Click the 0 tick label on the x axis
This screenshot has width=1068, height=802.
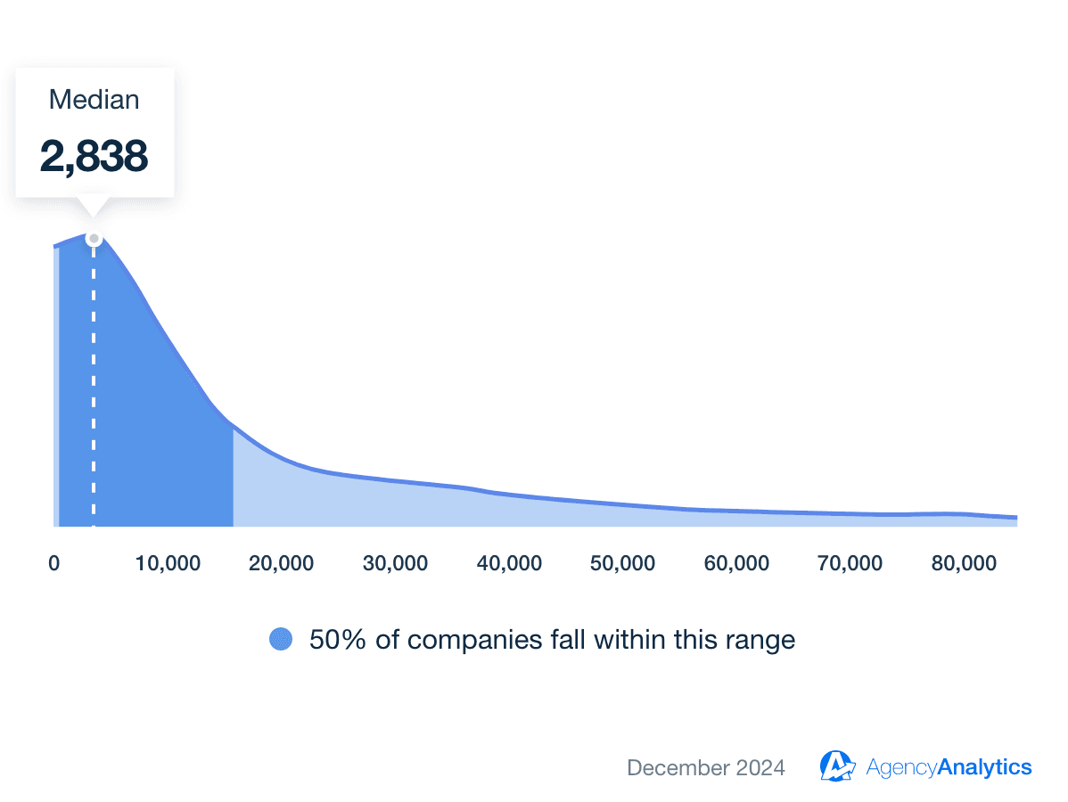(54, 563)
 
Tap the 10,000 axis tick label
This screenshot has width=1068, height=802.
(168, 563)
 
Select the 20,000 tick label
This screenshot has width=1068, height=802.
(282, 563)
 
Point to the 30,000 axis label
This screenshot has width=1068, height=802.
(396, 563)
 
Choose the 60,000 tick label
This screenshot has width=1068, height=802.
(736, 563)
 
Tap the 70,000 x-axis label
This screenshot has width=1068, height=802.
(850, 563)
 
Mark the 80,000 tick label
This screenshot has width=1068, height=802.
(964, 563)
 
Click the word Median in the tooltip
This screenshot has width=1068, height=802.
(94, 100)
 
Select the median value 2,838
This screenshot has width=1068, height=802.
(94, 156)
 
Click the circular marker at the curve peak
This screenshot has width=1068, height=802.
(94, 238)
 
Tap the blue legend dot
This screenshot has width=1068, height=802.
(281, 639)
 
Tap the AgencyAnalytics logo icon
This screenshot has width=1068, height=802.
(838, 766)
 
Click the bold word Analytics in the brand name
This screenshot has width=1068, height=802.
(984, 767)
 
